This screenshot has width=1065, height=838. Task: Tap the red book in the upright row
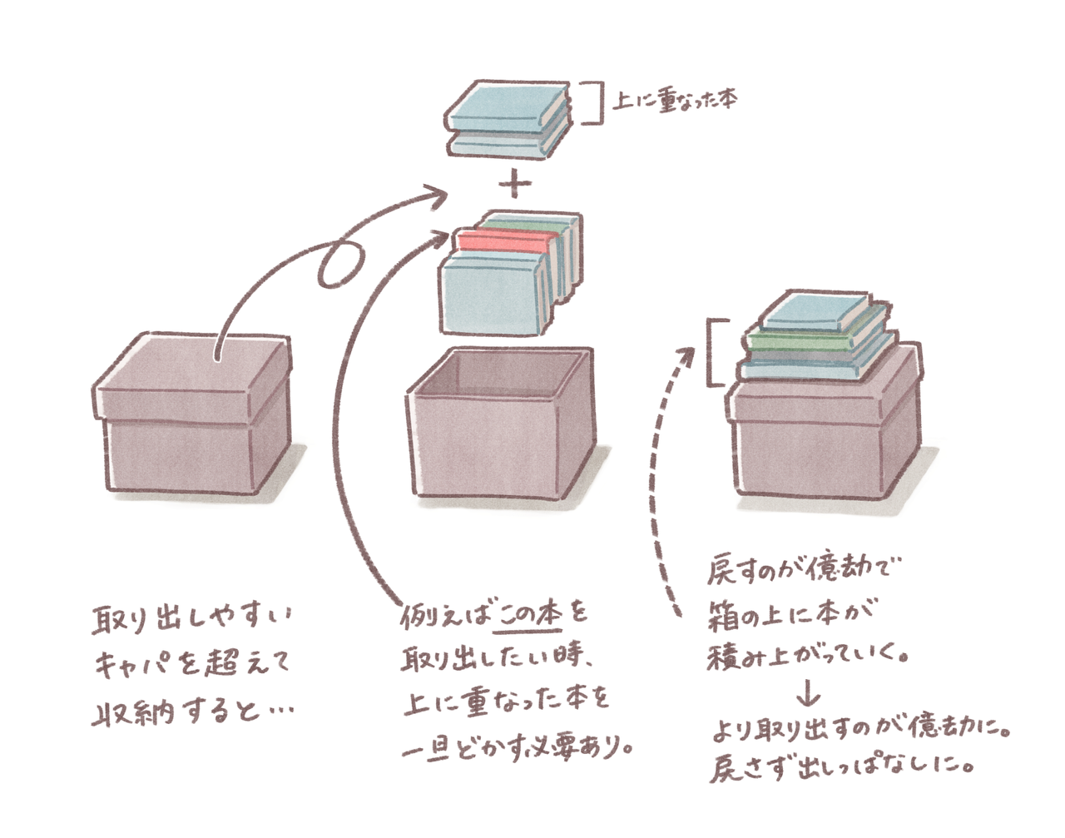[506, 242]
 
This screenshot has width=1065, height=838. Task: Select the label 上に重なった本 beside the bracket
[675, 101]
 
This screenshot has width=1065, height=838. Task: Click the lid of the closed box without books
[191, 377]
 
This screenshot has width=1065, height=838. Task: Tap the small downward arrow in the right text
[809, 695]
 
